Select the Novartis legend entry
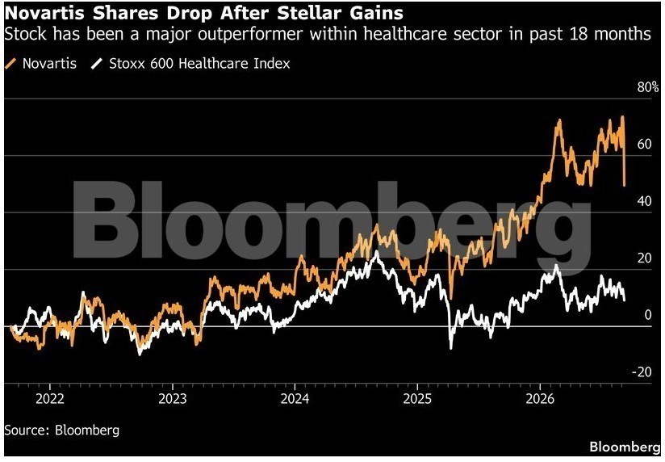click(40, 64)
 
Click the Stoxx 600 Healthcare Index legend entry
click(191, 64)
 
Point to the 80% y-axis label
click(647, 87)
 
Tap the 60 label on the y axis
click(644, 144)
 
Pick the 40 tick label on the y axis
click(644, 201)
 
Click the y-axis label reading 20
click(644, 258)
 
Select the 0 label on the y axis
click(647, 315)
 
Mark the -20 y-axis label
click(642, 372)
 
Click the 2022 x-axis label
click(50, 399)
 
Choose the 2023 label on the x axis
click(172, 399)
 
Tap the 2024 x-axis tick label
click(295, 399)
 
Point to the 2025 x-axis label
click(417, 399)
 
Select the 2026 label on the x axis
click(540, 399)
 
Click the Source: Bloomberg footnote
click(62, 430)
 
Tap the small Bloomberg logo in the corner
click(625, 447)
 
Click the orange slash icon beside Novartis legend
click(10, 64)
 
